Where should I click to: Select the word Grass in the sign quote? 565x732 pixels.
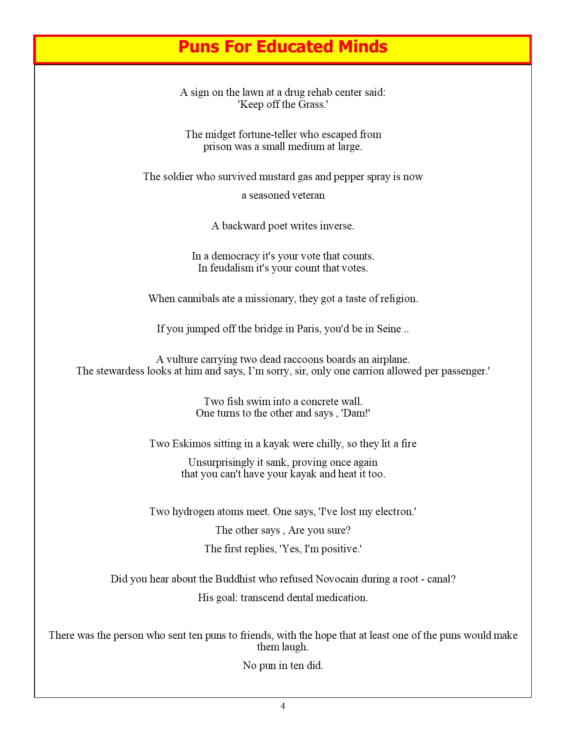click(312, 104)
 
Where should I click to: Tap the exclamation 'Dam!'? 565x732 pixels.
click(355, 413)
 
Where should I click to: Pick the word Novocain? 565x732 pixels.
click(336, 579)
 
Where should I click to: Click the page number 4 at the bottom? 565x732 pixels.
click(283, 706)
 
